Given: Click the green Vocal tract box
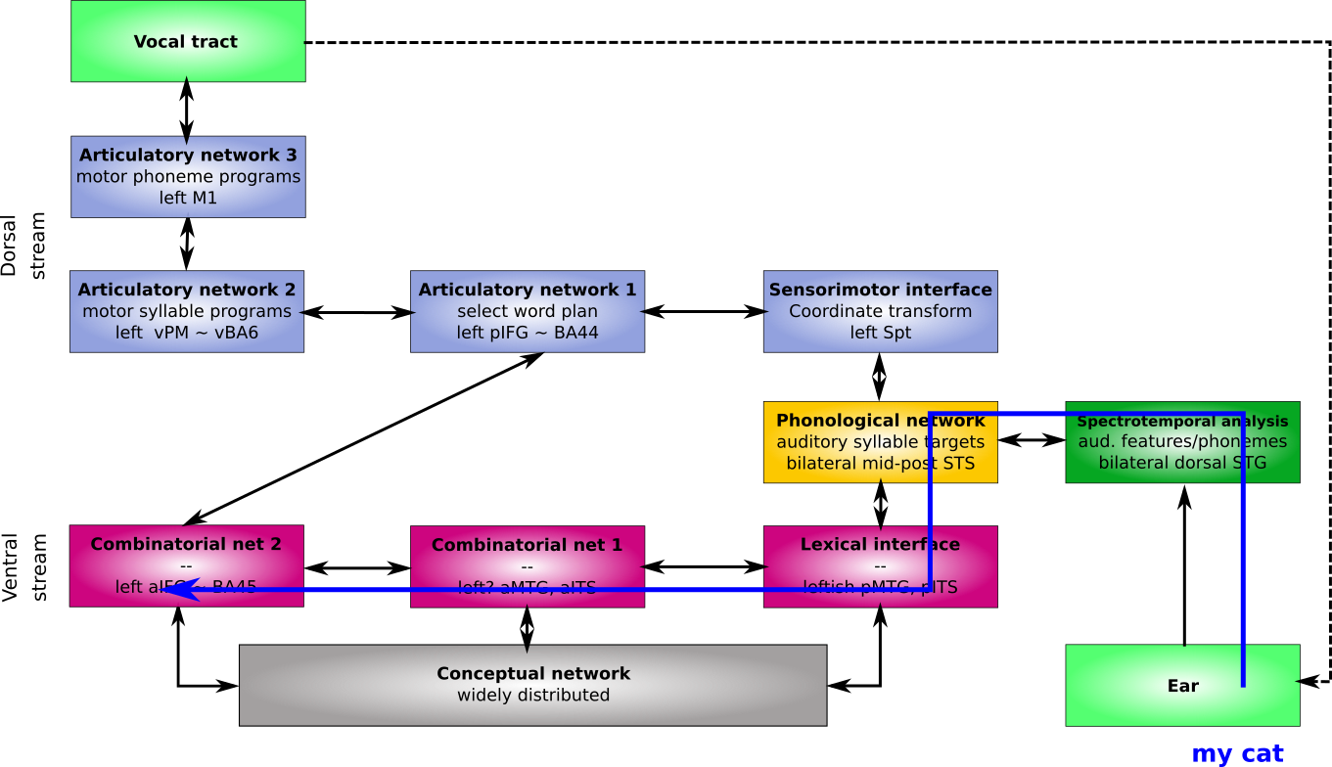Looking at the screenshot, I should point(188,41).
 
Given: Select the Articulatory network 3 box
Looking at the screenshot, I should point(188,176).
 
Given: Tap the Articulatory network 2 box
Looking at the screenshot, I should point(187,311).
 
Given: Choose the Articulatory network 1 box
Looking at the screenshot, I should point(528,311).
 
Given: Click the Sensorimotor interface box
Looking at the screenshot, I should point(881,311).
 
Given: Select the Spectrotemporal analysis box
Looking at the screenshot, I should point(1182,442).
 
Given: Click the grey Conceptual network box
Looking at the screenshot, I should point(533,685).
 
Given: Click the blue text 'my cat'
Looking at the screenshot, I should point(1237,754).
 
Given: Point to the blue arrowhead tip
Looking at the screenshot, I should point(177,589).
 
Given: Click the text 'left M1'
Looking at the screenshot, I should point(188,198).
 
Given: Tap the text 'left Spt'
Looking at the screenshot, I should point(881,333).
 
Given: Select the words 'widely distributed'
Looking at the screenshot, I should point(533,696).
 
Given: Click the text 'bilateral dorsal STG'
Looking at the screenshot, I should point(1182,463).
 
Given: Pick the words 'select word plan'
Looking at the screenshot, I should point(528,311).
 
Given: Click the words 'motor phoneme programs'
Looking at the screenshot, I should point(188,177).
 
